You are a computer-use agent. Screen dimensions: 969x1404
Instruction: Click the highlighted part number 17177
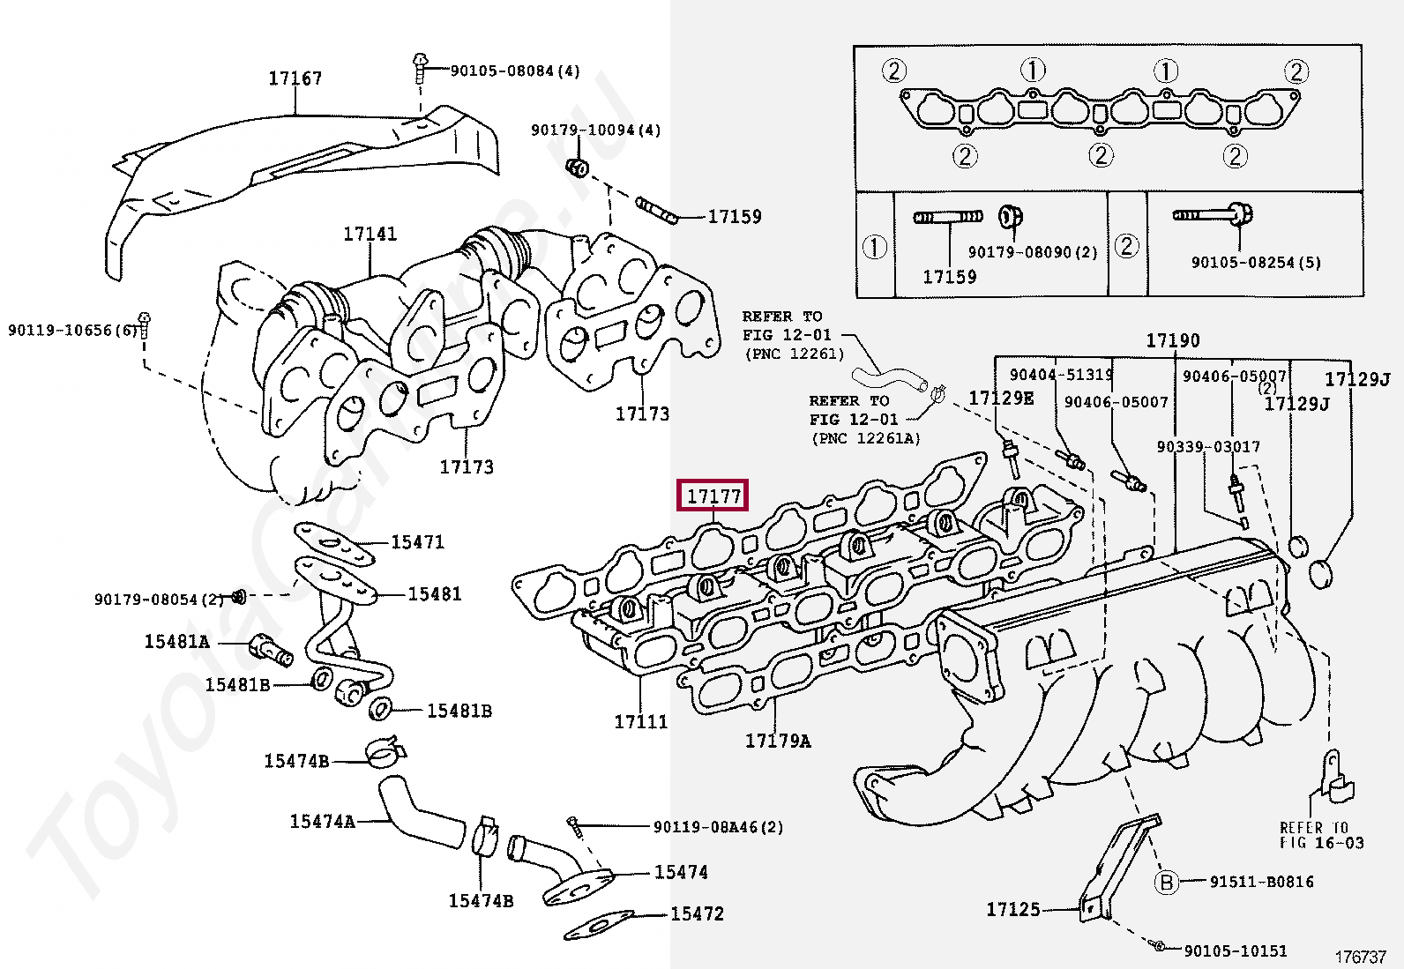pos(713,496)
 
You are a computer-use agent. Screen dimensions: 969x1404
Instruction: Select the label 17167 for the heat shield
pos(295,78)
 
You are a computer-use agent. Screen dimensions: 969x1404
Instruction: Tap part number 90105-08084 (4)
pos(514,71)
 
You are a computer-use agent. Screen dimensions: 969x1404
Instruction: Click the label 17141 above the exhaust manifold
pos(370,235)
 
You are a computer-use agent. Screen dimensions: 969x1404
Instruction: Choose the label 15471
pos(417,542)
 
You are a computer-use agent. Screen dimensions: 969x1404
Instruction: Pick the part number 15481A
pos(176,642)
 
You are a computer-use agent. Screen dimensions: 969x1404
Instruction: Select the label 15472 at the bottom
pos(697,914)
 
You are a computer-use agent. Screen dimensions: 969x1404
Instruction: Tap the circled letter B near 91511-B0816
pos(1166,882)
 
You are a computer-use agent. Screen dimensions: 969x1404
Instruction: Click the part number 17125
pos(1013,909)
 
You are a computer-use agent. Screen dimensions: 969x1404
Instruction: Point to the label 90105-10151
pos(1235,950)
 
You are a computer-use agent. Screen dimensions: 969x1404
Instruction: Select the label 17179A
pos(778,742)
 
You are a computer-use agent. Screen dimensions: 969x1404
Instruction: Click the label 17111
pos(641,722)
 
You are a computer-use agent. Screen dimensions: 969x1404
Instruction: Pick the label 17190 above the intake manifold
pos(1172,341)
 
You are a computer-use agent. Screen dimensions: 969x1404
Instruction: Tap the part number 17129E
pos(1001,399)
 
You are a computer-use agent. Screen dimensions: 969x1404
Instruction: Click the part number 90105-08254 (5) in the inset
pos(1256,263)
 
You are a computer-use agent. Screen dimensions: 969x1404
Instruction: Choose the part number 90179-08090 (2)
pos(1033,252)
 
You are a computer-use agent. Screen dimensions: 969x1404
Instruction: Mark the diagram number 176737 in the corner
pos(1360,958)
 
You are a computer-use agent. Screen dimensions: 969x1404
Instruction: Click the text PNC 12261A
pos(866,438)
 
